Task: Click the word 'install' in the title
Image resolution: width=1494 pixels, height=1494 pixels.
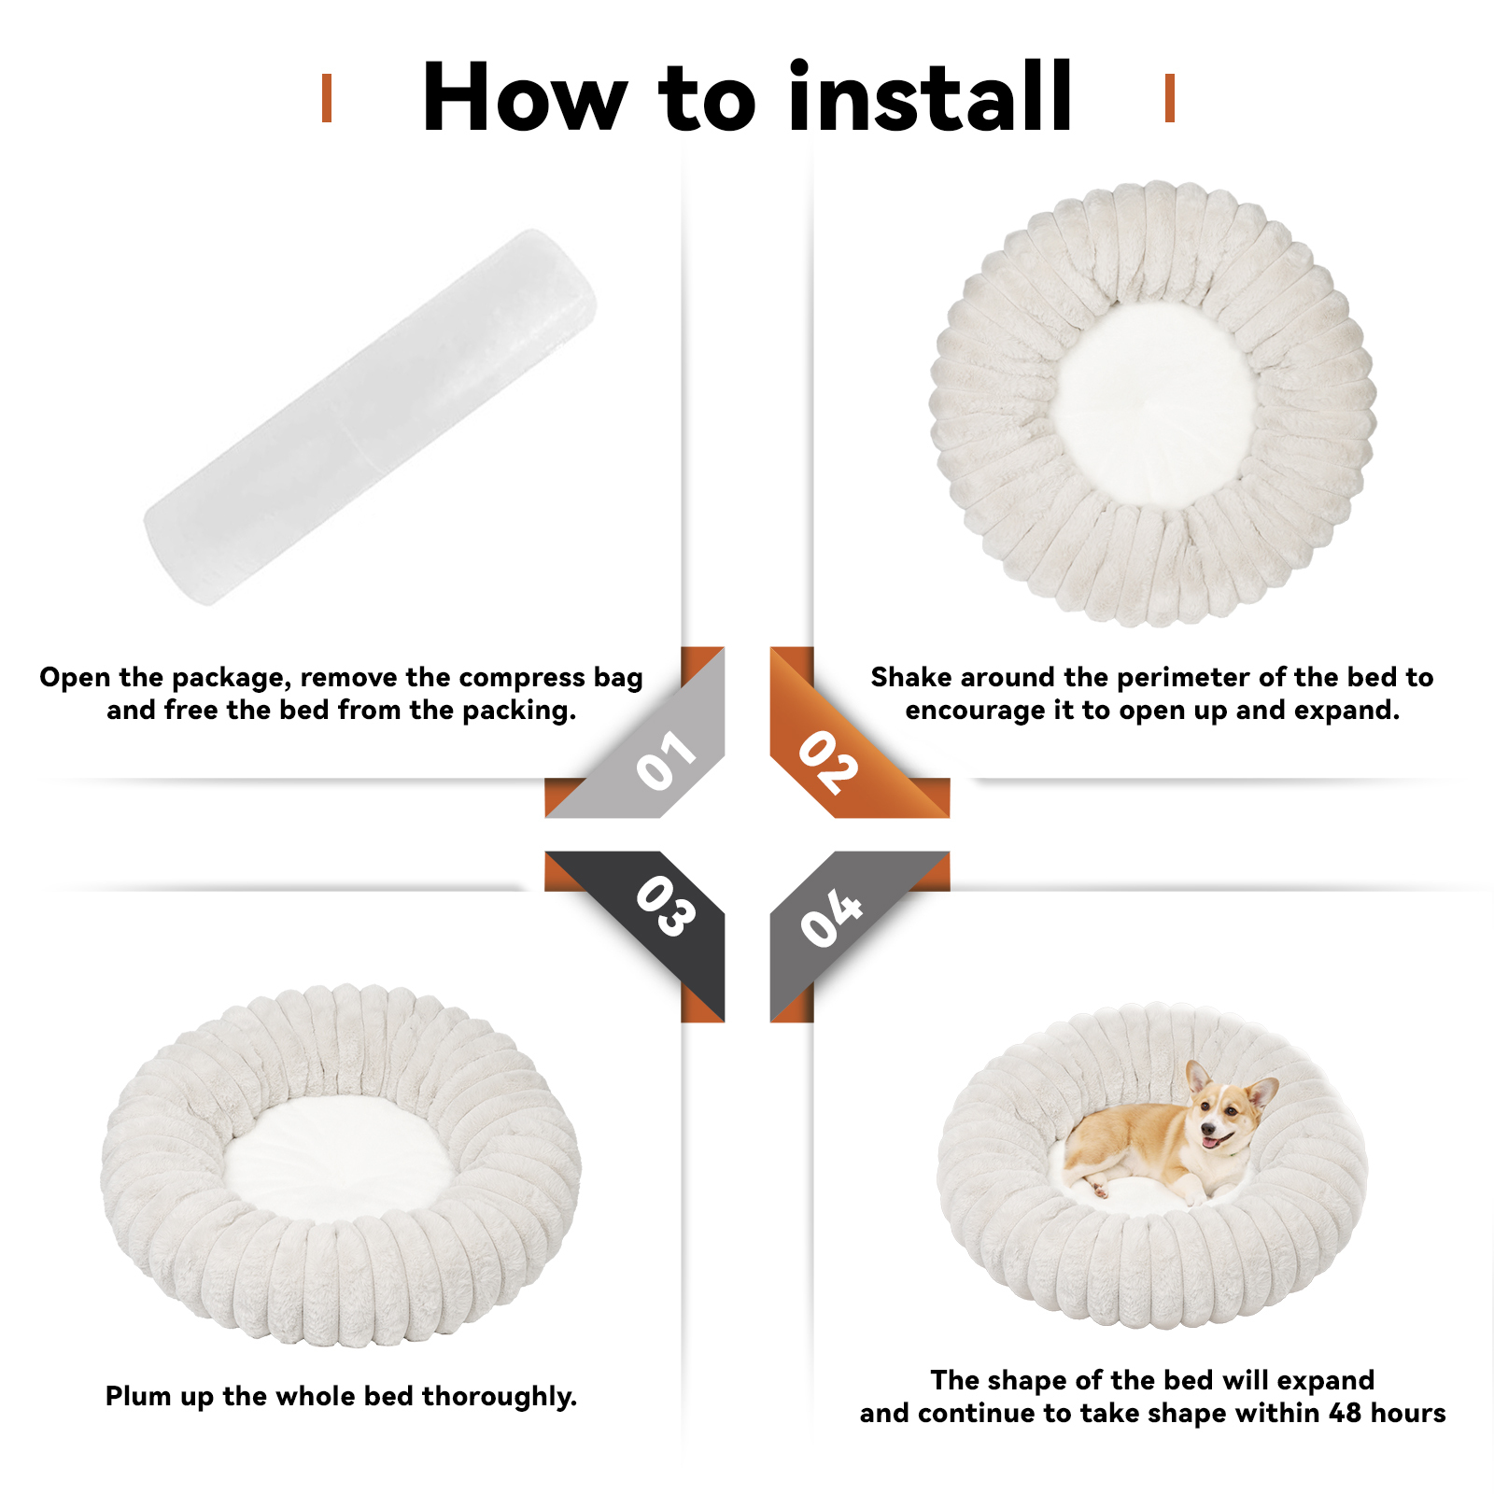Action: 931,96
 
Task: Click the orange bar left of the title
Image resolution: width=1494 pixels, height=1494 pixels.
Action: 327,98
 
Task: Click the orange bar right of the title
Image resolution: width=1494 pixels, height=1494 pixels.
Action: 1169,98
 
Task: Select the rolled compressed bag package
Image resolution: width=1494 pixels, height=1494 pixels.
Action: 371,416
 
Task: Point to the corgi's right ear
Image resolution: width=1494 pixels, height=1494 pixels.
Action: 1263,1092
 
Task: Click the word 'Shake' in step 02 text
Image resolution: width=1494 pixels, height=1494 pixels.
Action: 910,677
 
